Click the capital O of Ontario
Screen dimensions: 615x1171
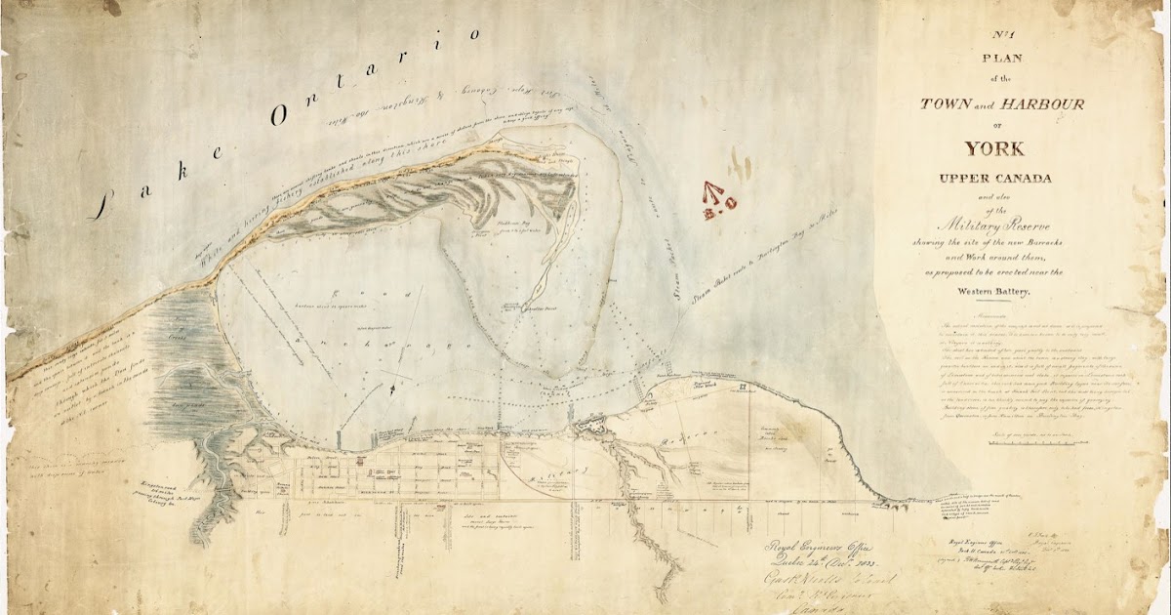pyautogui.click(x=282, y=113)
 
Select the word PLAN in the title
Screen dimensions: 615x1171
pyautogui.click(x=996, y=59)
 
